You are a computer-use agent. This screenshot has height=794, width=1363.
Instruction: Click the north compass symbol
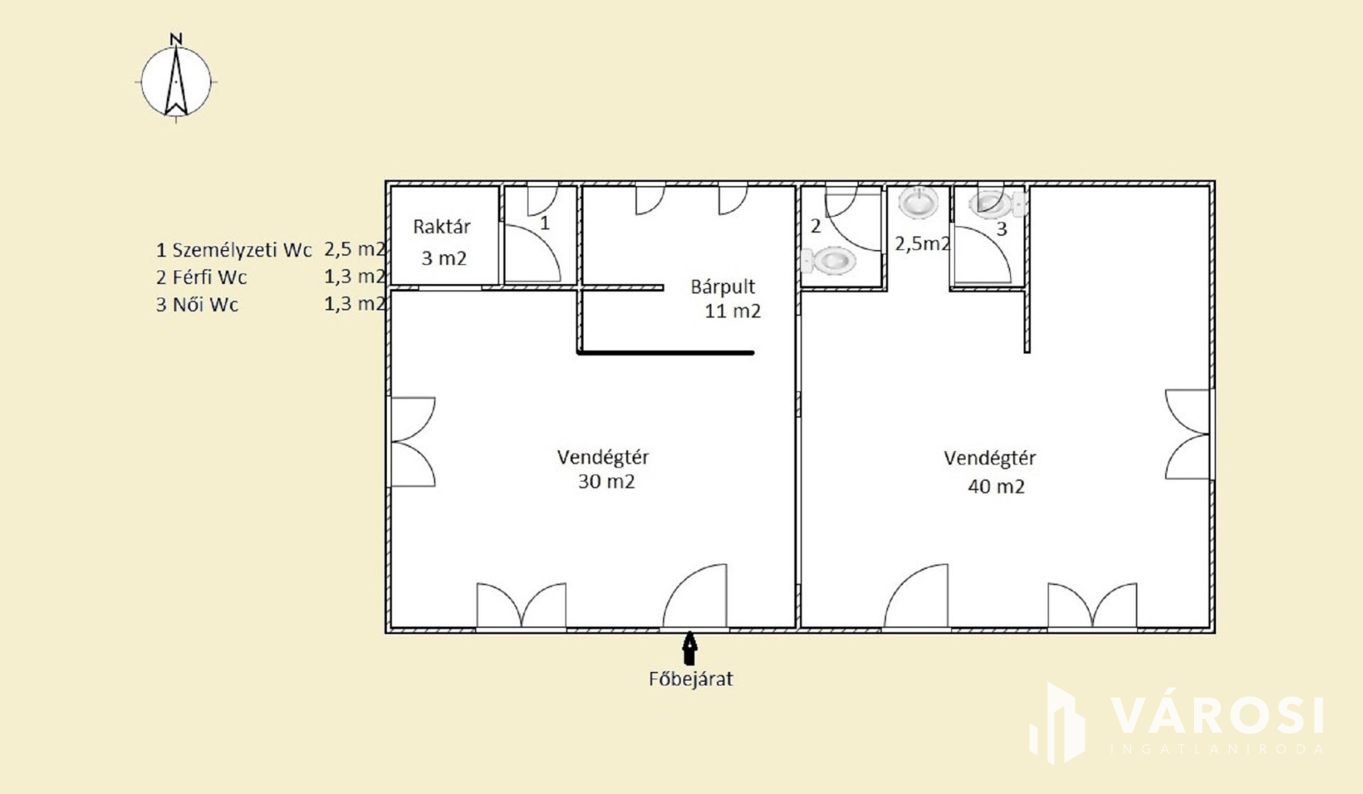pos(176,78)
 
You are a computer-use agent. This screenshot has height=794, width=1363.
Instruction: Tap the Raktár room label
pos(442,227)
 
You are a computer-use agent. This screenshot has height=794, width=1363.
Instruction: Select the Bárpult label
pos(723,287)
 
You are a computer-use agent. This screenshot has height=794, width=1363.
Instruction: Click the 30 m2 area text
pos(606,482)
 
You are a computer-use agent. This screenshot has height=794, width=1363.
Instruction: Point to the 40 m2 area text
pos(996,486)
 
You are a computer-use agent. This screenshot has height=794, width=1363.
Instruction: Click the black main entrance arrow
pos(689,648)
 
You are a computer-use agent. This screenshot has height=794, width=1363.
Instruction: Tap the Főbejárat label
pos(691,679)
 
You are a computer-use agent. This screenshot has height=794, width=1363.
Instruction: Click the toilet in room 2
pos(828,261)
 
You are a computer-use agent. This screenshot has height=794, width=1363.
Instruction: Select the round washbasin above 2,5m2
pos(918,202)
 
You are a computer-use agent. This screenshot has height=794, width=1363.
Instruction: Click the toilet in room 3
pos(997,204)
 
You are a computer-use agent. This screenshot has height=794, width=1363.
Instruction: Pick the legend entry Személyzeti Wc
pos(242,250)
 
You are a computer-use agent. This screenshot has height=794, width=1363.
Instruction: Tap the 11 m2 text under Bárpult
pos(733,311)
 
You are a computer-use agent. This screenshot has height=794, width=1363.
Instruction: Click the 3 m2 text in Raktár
pos(444,258)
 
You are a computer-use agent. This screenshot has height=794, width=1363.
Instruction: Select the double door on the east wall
pos(1187,434)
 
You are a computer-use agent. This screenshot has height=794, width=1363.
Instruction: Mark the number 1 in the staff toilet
pos(544,223)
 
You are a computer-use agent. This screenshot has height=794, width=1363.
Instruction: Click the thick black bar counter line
pos(666,352)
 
